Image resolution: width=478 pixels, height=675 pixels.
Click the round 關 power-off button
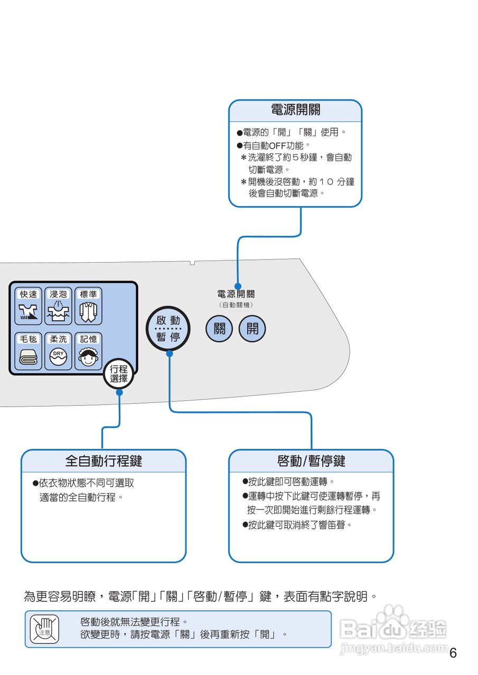219,329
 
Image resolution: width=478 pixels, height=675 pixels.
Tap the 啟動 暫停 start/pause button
168,329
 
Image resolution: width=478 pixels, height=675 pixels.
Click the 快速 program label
29,294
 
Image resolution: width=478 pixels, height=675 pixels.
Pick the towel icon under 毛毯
29,357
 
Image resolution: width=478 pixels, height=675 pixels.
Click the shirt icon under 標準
88,313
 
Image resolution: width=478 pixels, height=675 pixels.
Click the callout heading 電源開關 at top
295,110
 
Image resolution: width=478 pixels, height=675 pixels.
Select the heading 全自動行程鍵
104,461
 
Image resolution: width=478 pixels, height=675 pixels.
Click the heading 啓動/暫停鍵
311,461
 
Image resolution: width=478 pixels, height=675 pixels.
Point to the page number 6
453,653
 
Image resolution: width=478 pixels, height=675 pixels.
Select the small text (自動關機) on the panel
236,305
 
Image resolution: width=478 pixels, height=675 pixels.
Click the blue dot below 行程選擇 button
119,392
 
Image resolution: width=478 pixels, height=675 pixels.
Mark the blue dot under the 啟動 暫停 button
170,354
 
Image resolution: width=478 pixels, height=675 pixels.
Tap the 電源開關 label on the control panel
236,294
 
